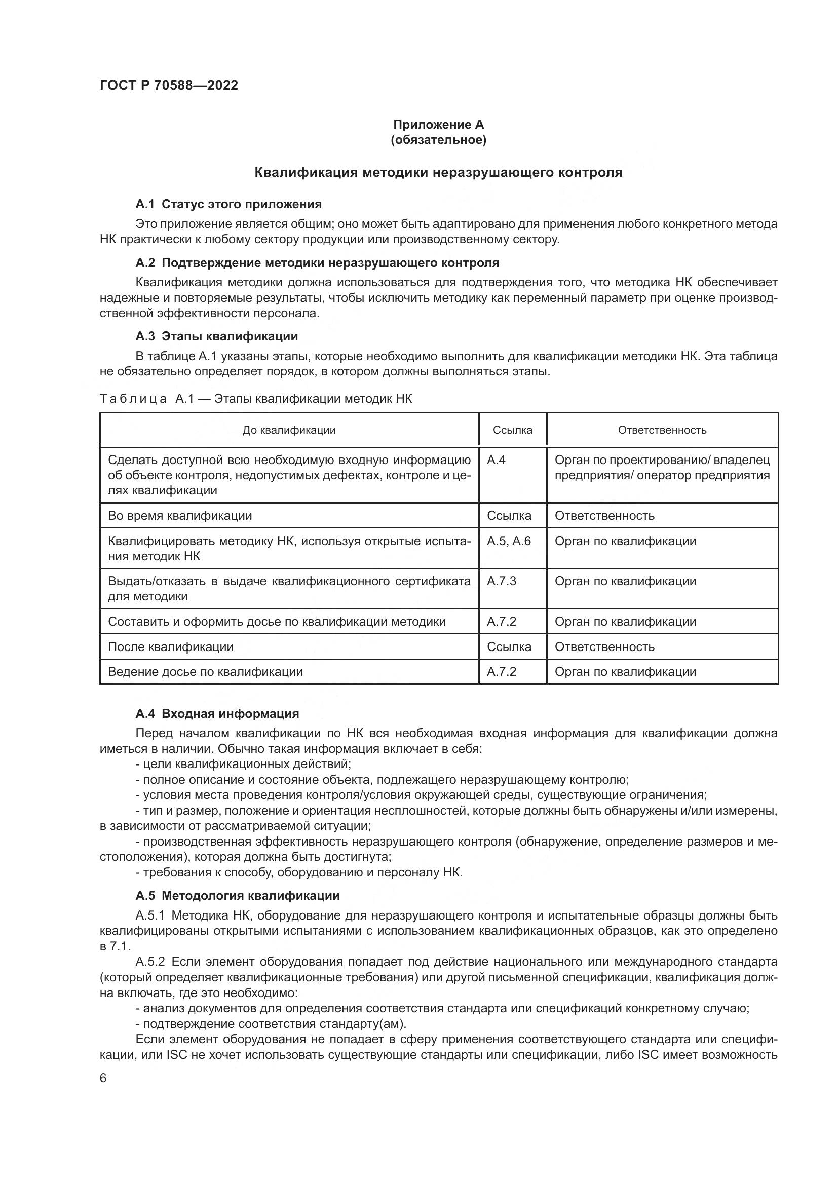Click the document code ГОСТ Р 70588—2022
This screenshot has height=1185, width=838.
[x=169, y=86]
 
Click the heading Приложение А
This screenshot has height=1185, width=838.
[x=438, y=125]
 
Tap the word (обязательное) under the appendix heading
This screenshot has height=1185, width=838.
[x=438, y=140]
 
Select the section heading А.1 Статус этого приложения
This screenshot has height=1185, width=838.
[x=228, y=204]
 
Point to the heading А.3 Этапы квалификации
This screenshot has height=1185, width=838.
[x=216, y=336]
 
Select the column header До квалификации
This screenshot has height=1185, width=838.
[x=289, y=430]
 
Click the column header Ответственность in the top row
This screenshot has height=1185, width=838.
[x=662, y=430]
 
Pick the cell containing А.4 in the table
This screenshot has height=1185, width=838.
[x=496, y=460]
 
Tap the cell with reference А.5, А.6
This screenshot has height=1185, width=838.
[x=508, y=541]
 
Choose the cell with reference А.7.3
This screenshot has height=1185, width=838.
[x=501, y=581]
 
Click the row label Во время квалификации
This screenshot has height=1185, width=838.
[x=179, y=516]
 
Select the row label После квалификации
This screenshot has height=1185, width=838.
[x=170, y=646]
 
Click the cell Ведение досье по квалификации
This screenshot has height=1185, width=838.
[x=205, y=671]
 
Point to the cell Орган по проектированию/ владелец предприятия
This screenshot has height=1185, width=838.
[x=662, y=468]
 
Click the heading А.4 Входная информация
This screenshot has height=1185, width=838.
[x=217, y=713]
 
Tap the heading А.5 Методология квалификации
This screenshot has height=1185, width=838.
[x=237, y=895]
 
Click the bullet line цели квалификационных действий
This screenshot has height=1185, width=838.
[x=243, y=764]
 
